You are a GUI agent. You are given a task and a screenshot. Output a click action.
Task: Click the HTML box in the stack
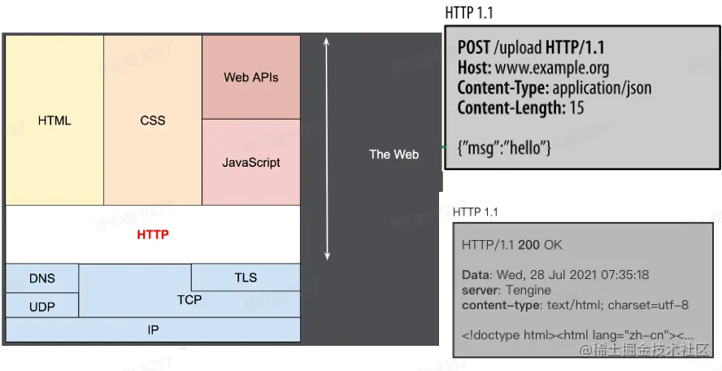coord(54,120)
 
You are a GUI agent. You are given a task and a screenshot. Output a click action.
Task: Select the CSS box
coord(152,120)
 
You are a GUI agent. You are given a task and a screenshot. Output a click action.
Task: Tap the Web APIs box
coord(250,77)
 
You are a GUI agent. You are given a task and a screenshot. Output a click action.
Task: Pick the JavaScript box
coord(250,162)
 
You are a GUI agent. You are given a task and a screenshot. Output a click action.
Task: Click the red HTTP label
coord(152,234)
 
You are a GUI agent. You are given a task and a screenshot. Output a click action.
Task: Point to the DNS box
coord(42,278)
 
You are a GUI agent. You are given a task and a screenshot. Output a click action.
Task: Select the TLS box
coord(246,277)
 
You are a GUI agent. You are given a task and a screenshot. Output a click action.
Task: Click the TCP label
coord(189,300)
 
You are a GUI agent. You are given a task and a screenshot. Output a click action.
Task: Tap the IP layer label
coord(153,330)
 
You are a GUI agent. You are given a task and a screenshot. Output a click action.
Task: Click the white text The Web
coord(394,154)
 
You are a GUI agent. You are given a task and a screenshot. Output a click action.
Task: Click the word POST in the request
coord(473,48)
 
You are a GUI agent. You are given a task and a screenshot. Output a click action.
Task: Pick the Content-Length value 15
coord(576,107)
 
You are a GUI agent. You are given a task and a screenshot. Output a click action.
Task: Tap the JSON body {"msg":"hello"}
coord(504,147)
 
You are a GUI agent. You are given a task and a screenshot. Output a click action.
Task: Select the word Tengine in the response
coord(528,290)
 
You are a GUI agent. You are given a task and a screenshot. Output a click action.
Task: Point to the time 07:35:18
coord(622,275)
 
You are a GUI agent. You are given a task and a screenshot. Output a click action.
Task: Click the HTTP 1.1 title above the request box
coord(469,13)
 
